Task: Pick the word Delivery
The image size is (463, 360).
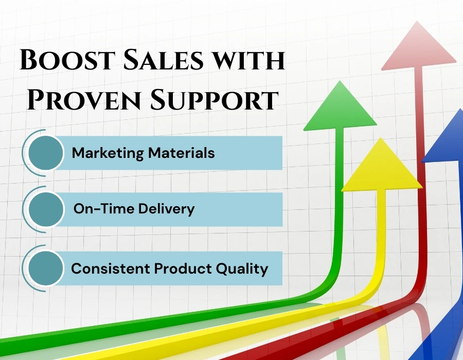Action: [165, 209]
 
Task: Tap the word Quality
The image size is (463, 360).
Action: [242, 268]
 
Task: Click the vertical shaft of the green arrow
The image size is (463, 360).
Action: [340, 206]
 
